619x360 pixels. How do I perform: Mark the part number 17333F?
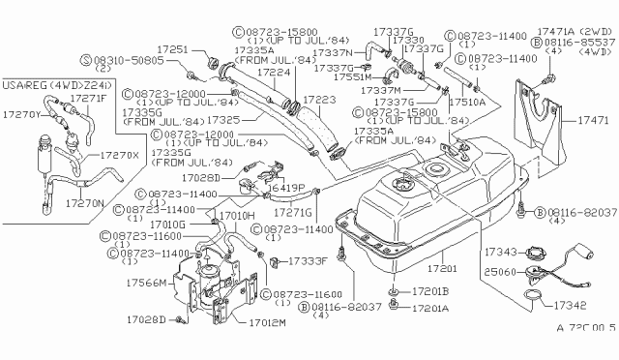click(x=305, y=261)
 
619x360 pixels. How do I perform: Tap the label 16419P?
click(x=288, y=187)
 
